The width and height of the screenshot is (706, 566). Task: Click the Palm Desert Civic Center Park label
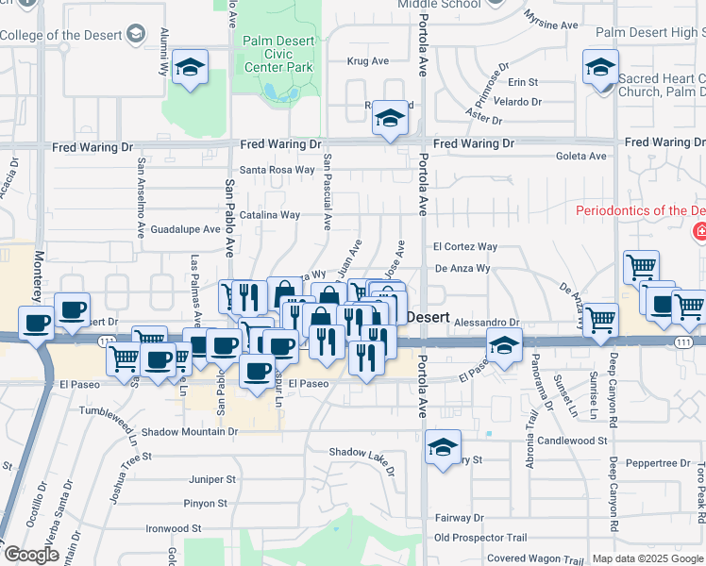pyautogui.click(x=277, y=54)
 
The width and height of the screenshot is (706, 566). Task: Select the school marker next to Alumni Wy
pyautogui.click(x=191, y=68)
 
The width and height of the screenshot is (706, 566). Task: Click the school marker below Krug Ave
pyautogui.click(x=390, y=118)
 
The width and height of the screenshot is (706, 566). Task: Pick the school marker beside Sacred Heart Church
pyautogui.click(x=600, y=69)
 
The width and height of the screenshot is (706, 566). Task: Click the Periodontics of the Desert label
pyautogui.click(x=641, y=209)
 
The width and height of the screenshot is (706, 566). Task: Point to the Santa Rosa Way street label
pyautogui.click(x=277, y=170)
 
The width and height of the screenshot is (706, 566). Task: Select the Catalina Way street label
pyautogui.click(x=269, y=215)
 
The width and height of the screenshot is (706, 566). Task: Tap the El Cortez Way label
pyautogui.click(x=465, y=247)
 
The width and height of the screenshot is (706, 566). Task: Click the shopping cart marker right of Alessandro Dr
pyautogui.click(x=600, y=321)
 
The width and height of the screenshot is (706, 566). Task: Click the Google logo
pyautogui.click(x=30, y=555)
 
